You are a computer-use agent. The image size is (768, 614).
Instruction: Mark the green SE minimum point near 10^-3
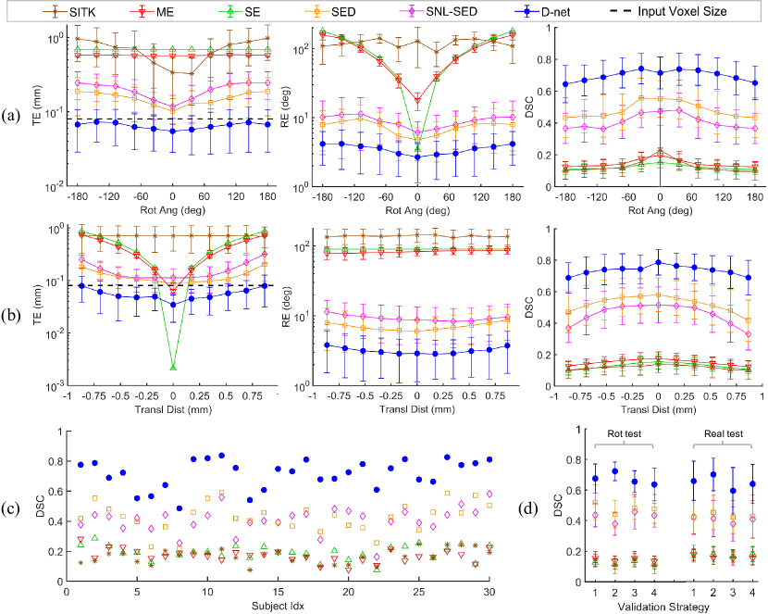point(173,368)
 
